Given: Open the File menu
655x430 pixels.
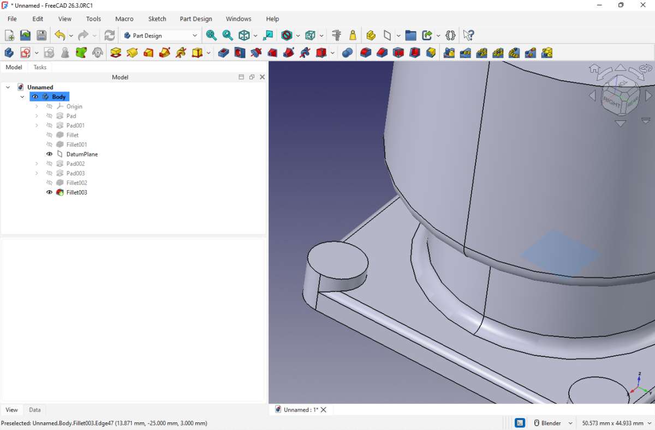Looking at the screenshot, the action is [x=12, y=19].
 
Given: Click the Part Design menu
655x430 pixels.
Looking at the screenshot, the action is [x=196, y=19].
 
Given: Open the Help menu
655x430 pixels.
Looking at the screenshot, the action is [x=272, y=19].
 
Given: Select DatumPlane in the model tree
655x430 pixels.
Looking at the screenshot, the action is [x=82, y=154].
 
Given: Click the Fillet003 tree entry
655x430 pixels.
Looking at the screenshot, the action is [x=76, y=192].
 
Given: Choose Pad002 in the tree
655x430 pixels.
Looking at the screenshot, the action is [x=75, y=163].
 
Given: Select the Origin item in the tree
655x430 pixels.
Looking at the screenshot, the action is [x=74, y=107].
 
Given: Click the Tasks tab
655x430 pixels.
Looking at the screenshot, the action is [x=40, y=67].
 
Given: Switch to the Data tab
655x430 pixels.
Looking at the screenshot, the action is [x=35, y=410].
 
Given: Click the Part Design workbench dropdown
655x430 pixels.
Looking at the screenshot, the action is [x=160, y=35].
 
